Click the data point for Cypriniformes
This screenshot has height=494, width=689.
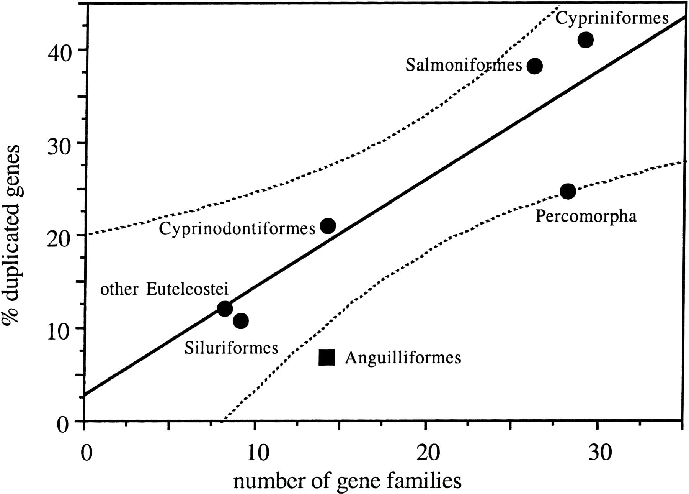click(586, 39)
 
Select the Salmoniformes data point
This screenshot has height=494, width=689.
click(535, 66)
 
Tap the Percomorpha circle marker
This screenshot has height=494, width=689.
click(568, 191)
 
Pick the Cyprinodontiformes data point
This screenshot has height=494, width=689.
click(328, 226)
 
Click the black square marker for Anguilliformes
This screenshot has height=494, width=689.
click(327, 357)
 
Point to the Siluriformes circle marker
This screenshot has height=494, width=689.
click(240, 321)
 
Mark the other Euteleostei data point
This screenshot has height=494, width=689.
click(225, 309)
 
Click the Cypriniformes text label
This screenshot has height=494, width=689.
click(612, 18)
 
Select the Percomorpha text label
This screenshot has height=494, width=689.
click(586, 216)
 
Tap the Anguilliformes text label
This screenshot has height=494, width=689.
click(403, 358)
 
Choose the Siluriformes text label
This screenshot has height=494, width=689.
click(231, 348)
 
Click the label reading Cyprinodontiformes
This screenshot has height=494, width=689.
click(237, 229)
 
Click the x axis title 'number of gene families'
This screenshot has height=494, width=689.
click(347, 481)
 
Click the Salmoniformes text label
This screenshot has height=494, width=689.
click(464, 65)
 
